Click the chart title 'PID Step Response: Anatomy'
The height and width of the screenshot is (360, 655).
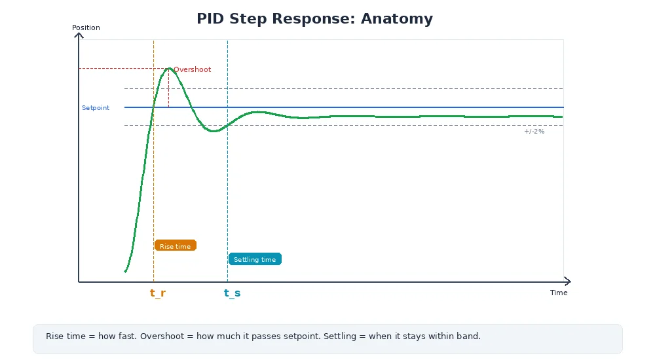coord(314,19)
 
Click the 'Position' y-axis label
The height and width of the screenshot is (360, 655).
coord(86,27)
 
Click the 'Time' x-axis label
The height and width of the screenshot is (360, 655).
coord(559,293)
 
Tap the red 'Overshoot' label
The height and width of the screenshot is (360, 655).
coord(192,69)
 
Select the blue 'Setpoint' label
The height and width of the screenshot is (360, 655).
coord(96,107)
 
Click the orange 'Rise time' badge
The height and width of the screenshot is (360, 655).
coord(175,245)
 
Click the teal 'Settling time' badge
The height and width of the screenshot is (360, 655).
coord(255,259)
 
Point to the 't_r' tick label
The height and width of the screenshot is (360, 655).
coord(158,293)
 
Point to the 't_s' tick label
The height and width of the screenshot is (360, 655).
coord(232,293)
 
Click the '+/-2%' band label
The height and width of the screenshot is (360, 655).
coord(534,132)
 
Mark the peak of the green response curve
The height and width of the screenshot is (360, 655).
coord(169,68)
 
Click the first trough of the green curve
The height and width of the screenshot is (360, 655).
coord(213,132)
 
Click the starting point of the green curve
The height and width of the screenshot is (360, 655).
coord(125,271)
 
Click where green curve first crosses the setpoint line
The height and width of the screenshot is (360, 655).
coord(153,107)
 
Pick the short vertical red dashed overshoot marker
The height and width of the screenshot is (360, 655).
coord(168,88)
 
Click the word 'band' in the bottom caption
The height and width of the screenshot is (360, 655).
coord(468,336)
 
